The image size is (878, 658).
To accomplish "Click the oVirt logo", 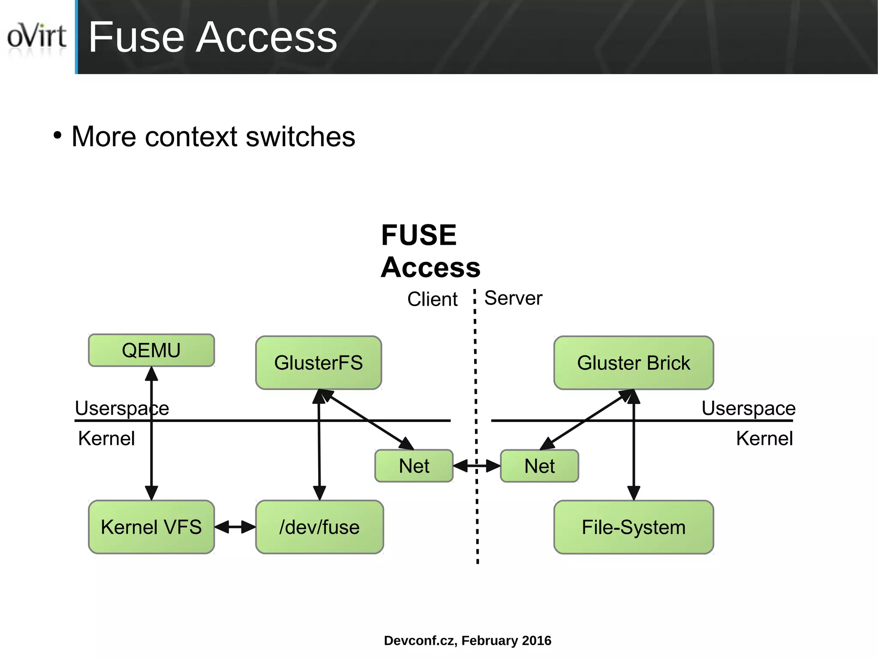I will coord(36,36).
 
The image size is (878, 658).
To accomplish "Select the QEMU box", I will coord(151,350).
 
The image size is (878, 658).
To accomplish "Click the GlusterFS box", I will coord(318,363).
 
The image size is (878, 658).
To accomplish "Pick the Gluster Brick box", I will coord(633,363).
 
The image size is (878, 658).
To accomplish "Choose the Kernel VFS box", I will coord(151,527).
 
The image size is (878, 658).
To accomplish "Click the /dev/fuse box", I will coord(319,527).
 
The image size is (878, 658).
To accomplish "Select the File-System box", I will coord(633,527).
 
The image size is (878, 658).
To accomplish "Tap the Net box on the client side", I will coord(414,466).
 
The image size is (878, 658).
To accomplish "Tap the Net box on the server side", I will coord(539,466).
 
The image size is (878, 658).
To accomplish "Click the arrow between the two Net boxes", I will coord(476,466).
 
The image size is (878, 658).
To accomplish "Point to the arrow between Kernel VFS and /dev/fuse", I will coord(235,527).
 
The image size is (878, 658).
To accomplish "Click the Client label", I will coord(432,299).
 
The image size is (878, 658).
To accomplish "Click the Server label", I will coord(513,298).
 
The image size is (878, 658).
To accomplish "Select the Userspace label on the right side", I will coord(748,408).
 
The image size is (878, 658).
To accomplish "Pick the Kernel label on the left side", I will coord(106,439).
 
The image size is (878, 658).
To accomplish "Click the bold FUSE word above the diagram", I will coord(419,235).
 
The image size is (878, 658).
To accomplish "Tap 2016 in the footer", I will coord(537,640).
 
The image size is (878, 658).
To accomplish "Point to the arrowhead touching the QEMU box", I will coord(151,374).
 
